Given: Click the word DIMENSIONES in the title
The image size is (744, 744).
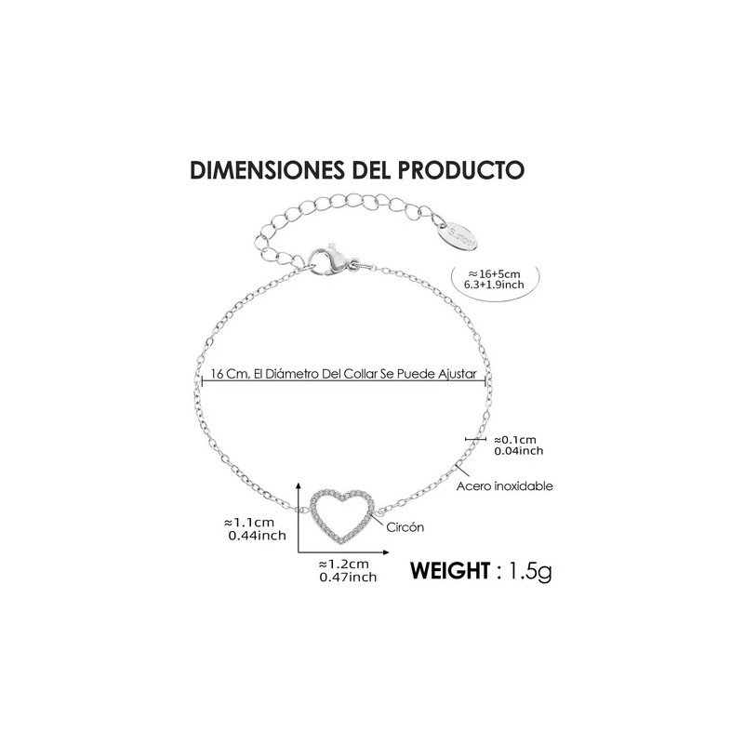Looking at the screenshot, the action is [x=268, y=170].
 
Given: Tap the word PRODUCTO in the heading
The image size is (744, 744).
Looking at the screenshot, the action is [x=460, y=170].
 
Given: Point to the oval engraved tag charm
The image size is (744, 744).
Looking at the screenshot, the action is [x=462, y=234].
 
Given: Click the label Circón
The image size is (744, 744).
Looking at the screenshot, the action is [x=405, y=527].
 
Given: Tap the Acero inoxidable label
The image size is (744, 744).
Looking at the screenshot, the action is [x=504, y=485].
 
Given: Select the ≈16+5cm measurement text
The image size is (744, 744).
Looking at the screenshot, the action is [x=494, y=273].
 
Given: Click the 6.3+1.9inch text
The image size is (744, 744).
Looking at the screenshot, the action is [x=494, y=285].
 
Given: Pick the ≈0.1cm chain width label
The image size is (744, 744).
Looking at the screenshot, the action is [x=515, y=440].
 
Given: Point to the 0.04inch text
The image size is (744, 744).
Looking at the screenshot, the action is [x=519, y=451].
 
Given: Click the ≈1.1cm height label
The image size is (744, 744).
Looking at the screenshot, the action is [x=249, y=523].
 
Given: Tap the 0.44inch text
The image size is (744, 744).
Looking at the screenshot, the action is [x=258, y=536].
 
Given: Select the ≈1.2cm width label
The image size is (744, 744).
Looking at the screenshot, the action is [x=343, y=565].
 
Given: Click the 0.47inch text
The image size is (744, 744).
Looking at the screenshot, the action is [x=348, y=577].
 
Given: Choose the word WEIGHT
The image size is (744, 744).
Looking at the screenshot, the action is [x=450, y=570].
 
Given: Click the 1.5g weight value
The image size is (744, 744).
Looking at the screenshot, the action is [x=530, y=571].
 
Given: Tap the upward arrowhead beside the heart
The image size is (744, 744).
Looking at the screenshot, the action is [x=299, y=485].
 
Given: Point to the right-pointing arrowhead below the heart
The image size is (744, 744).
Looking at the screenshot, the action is [x=385, y=552].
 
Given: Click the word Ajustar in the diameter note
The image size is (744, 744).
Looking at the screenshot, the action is [x=457, y=374].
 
